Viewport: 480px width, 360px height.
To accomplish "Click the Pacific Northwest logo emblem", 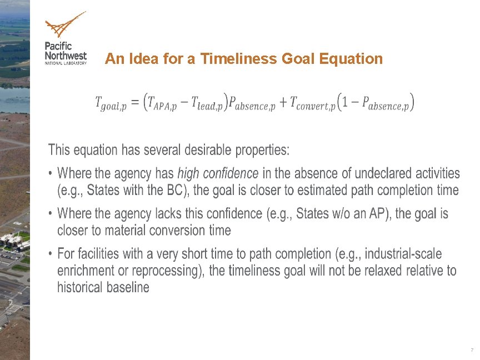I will [x=64, y=25].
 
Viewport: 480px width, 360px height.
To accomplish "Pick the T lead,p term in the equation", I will [x=207, y=103].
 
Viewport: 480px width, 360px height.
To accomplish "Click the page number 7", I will [x=472, y=351].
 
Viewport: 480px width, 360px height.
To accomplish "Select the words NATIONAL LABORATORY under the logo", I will [x=66, y=63].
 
